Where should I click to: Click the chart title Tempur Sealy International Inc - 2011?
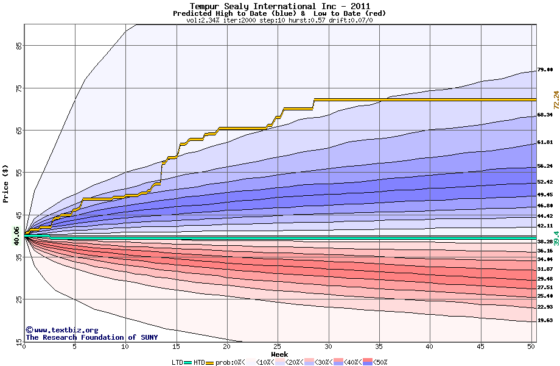pyautogui.click(x=279, y=6)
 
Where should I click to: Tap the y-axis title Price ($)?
pyautogui.click(x=6, y=184)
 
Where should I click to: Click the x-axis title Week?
pyautogui.click(x=279, y=354)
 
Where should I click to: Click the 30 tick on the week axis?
pyautogui.click(x=328, y=346)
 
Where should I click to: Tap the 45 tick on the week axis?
pyautogui.click(x=480, y=346)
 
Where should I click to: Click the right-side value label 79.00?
pyautogui.click(x=545, y=70)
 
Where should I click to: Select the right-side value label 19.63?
pyautogui.click(x=545, y=320)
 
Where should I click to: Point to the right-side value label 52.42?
pyautogui.click(x=545, y=182)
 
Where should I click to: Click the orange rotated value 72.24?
pyautogui.click(x=556, y=99)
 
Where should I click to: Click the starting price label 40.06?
pyautogui.click(x=17, y=235)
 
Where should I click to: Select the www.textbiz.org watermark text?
pyautogui.click(x=62, y=330)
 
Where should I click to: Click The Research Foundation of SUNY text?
pyautogui.click(x=90, y=337)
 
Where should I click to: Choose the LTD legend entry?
pyautogui.click(x=178, y=362)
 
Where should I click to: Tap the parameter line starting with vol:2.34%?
pyautogui.click(x=279, y=20)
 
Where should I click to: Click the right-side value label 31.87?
pyautogui.click(x=545, y=269)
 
